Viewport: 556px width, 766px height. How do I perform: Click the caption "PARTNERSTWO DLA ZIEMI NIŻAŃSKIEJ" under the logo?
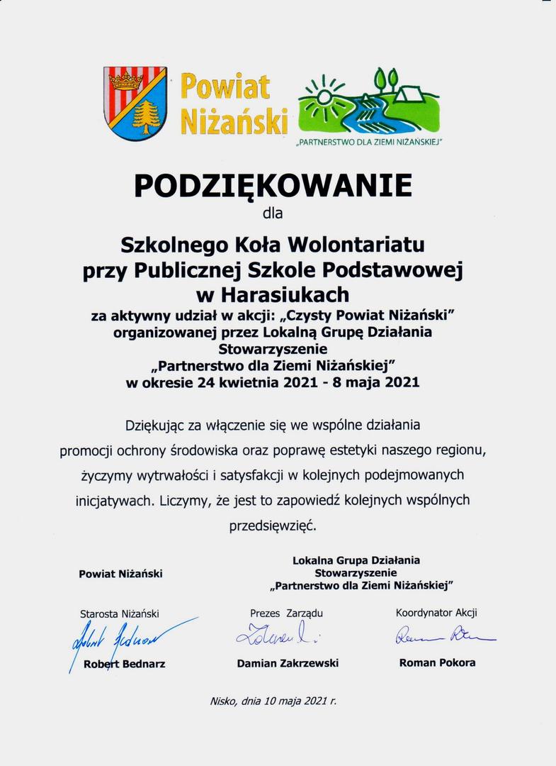pos(368,142)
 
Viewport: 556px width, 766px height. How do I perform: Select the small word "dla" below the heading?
pos(273,211)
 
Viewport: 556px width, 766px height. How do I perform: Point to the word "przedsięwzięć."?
pos(273,526)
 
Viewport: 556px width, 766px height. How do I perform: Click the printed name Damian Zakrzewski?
pos(288,663)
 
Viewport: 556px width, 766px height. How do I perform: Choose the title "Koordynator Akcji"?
pos(441,613)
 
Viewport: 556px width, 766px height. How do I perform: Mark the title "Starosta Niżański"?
pos(120,614)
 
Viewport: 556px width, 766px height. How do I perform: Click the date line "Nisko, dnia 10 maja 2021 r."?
pos(273,701)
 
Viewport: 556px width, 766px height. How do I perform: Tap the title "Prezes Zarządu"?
pos(286,613)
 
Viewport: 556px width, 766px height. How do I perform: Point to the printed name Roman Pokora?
pos(437,662)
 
